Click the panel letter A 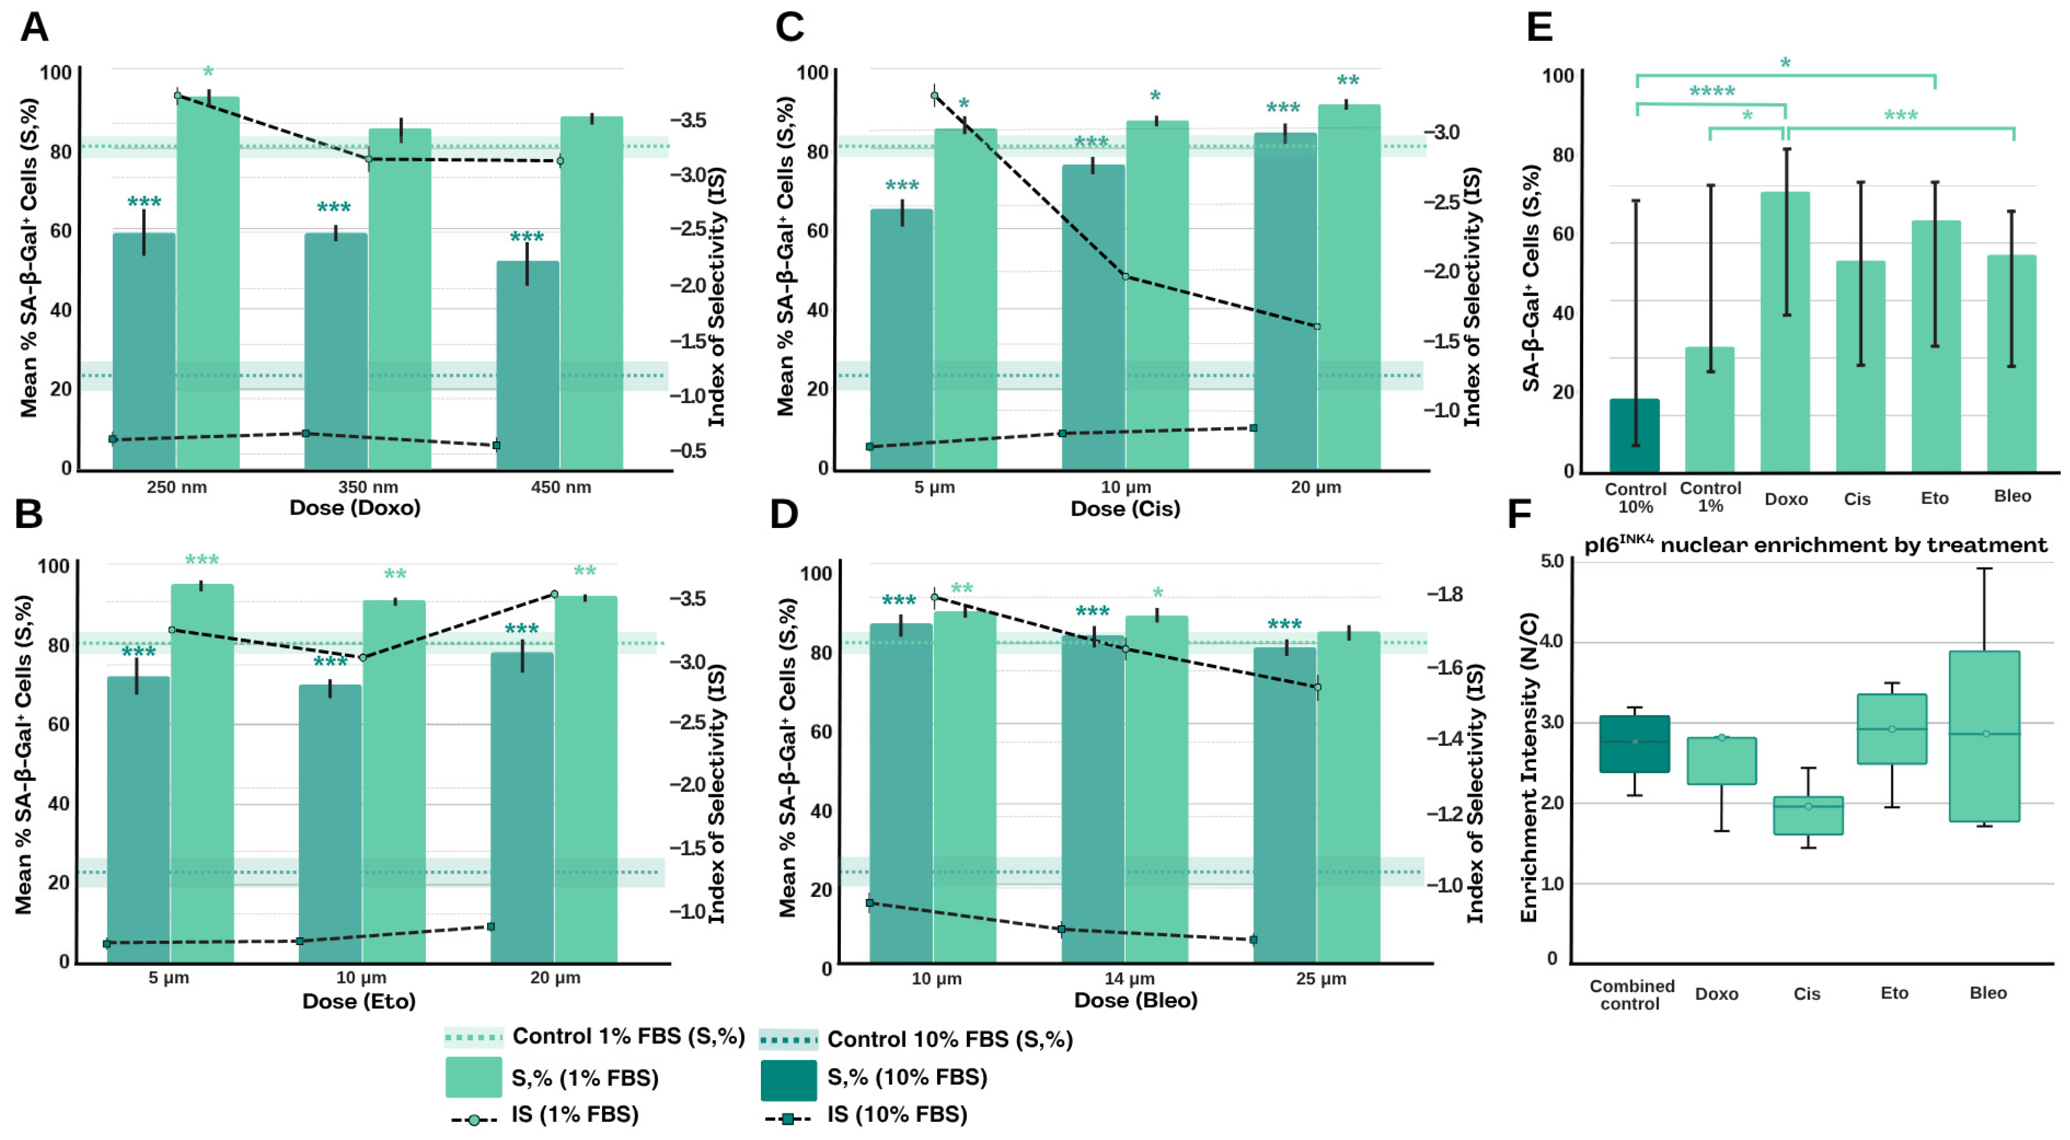point(34,27)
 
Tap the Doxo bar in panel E point(1785,337)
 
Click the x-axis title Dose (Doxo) point(355,508)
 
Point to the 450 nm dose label point(561,487)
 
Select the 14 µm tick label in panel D point(1129,979)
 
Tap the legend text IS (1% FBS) point(574,1115)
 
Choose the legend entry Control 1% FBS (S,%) point(628,1037)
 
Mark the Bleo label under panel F point(1988,993)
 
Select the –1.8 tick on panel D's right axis point(1444,595)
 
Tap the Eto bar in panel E point(1935,346)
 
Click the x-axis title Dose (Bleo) point(1135,1000)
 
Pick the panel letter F point(1519,514)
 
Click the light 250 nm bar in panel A point(208,281)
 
